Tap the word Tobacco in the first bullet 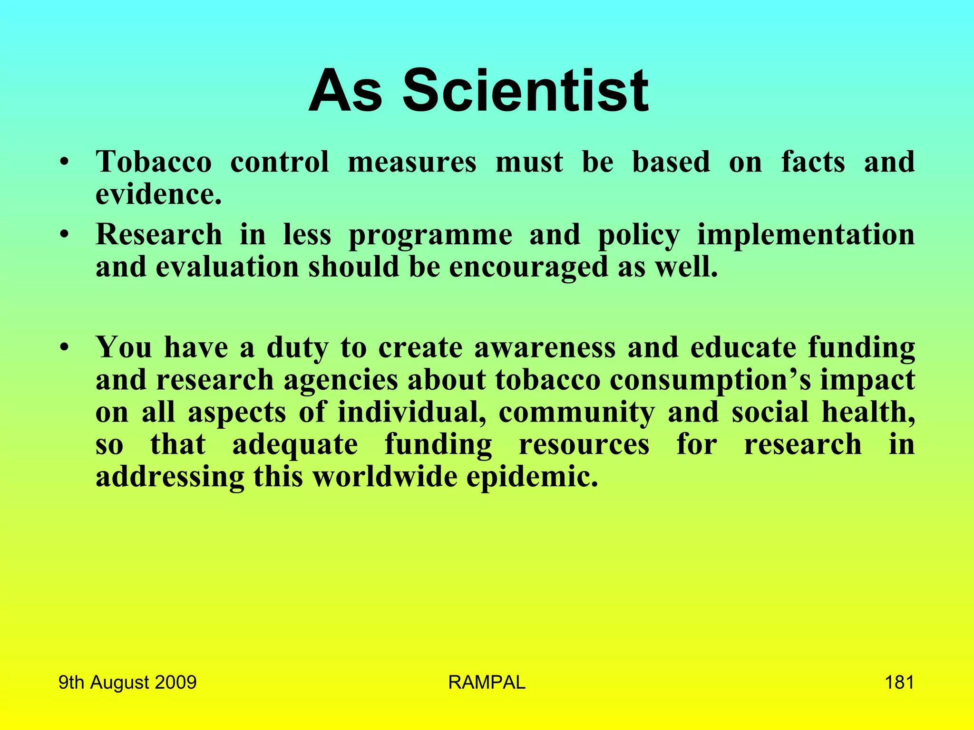[x=154, y=162]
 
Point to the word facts [x=813, y=162]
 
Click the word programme [x=430, y=235]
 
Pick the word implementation [x=806, y=235]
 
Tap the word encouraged [x=528, y=267]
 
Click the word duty [x=297, y=347]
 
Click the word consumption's [x=710, y=380]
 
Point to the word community [x=576, y=412]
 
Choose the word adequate [x=295, y=444]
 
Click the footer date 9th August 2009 [x=127, y=682]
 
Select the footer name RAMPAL [x=487, y=682]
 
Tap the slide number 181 [x=899, y=682]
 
